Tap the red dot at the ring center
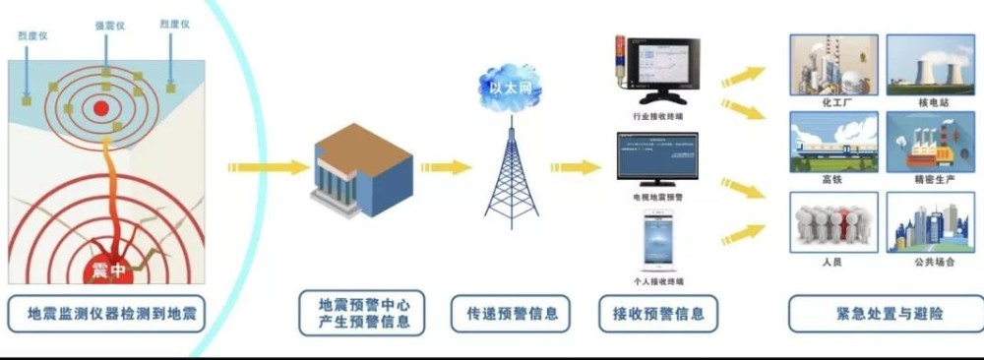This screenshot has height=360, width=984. (x=101, y=108)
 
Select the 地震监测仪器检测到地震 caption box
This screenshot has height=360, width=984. (x=105, y=313)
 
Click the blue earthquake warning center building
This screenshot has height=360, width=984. (x=361, y=172)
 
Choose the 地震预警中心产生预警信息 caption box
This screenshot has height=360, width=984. (x=362, y=313)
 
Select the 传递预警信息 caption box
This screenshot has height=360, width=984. (x=512, y=314)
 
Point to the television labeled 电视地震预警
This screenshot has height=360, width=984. (x=657, y=157)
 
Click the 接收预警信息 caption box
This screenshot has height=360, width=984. (x=658, y=314)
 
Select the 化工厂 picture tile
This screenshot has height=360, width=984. (x=834, y=65)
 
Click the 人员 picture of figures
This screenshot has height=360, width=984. (x=834, y=222)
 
